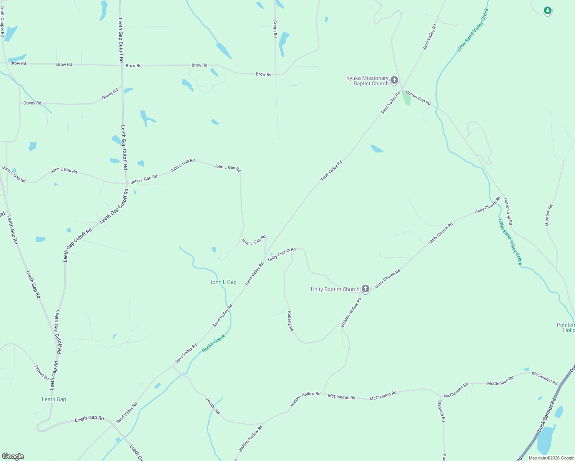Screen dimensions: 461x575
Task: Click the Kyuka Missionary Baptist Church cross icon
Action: coord(394,80)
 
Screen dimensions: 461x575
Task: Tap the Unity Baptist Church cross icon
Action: coord(366,289)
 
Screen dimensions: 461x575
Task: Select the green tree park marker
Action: coord(548,11)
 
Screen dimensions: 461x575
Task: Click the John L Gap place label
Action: coord(223,282)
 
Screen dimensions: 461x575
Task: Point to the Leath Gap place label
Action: coord(54,399)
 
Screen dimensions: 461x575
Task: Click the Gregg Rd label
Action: coord(275,29)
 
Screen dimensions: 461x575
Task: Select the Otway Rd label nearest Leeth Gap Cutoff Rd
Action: coord(110,94)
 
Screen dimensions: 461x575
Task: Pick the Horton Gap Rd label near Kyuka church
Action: coord(418,98)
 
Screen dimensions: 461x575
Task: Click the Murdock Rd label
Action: coord(549,216)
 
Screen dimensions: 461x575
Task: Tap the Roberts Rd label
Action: coord(291,321)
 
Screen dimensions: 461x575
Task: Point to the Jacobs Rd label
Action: coord(213,406)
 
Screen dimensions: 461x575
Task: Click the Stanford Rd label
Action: coord(441,411)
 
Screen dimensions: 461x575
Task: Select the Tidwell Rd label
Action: coord(42,372)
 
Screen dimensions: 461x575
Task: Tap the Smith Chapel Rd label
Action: coord(2,21)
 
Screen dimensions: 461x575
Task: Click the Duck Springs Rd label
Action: coord(547,415)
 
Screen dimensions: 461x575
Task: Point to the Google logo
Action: coord(13,456)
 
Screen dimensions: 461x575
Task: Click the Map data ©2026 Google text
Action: coord(551,458)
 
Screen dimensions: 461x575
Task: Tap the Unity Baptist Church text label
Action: coord(335,289)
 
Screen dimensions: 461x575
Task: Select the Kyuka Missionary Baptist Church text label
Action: coord(367,81)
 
